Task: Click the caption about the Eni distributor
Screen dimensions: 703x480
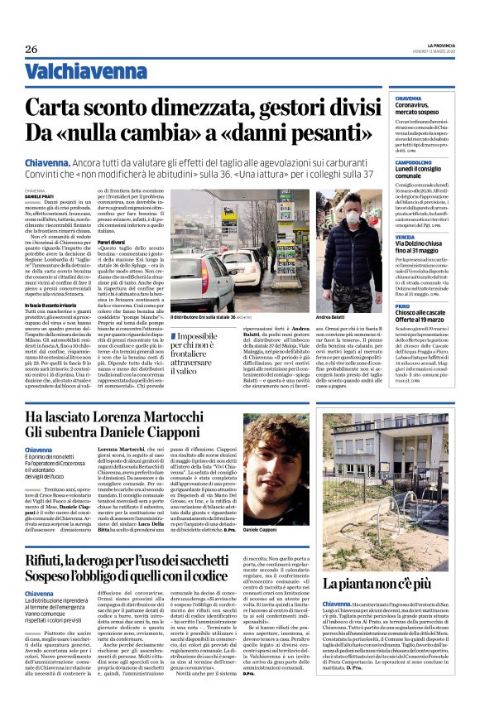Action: click(x=206, y=316)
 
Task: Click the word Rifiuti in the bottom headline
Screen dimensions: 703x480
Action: click(x=47, y=539)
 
